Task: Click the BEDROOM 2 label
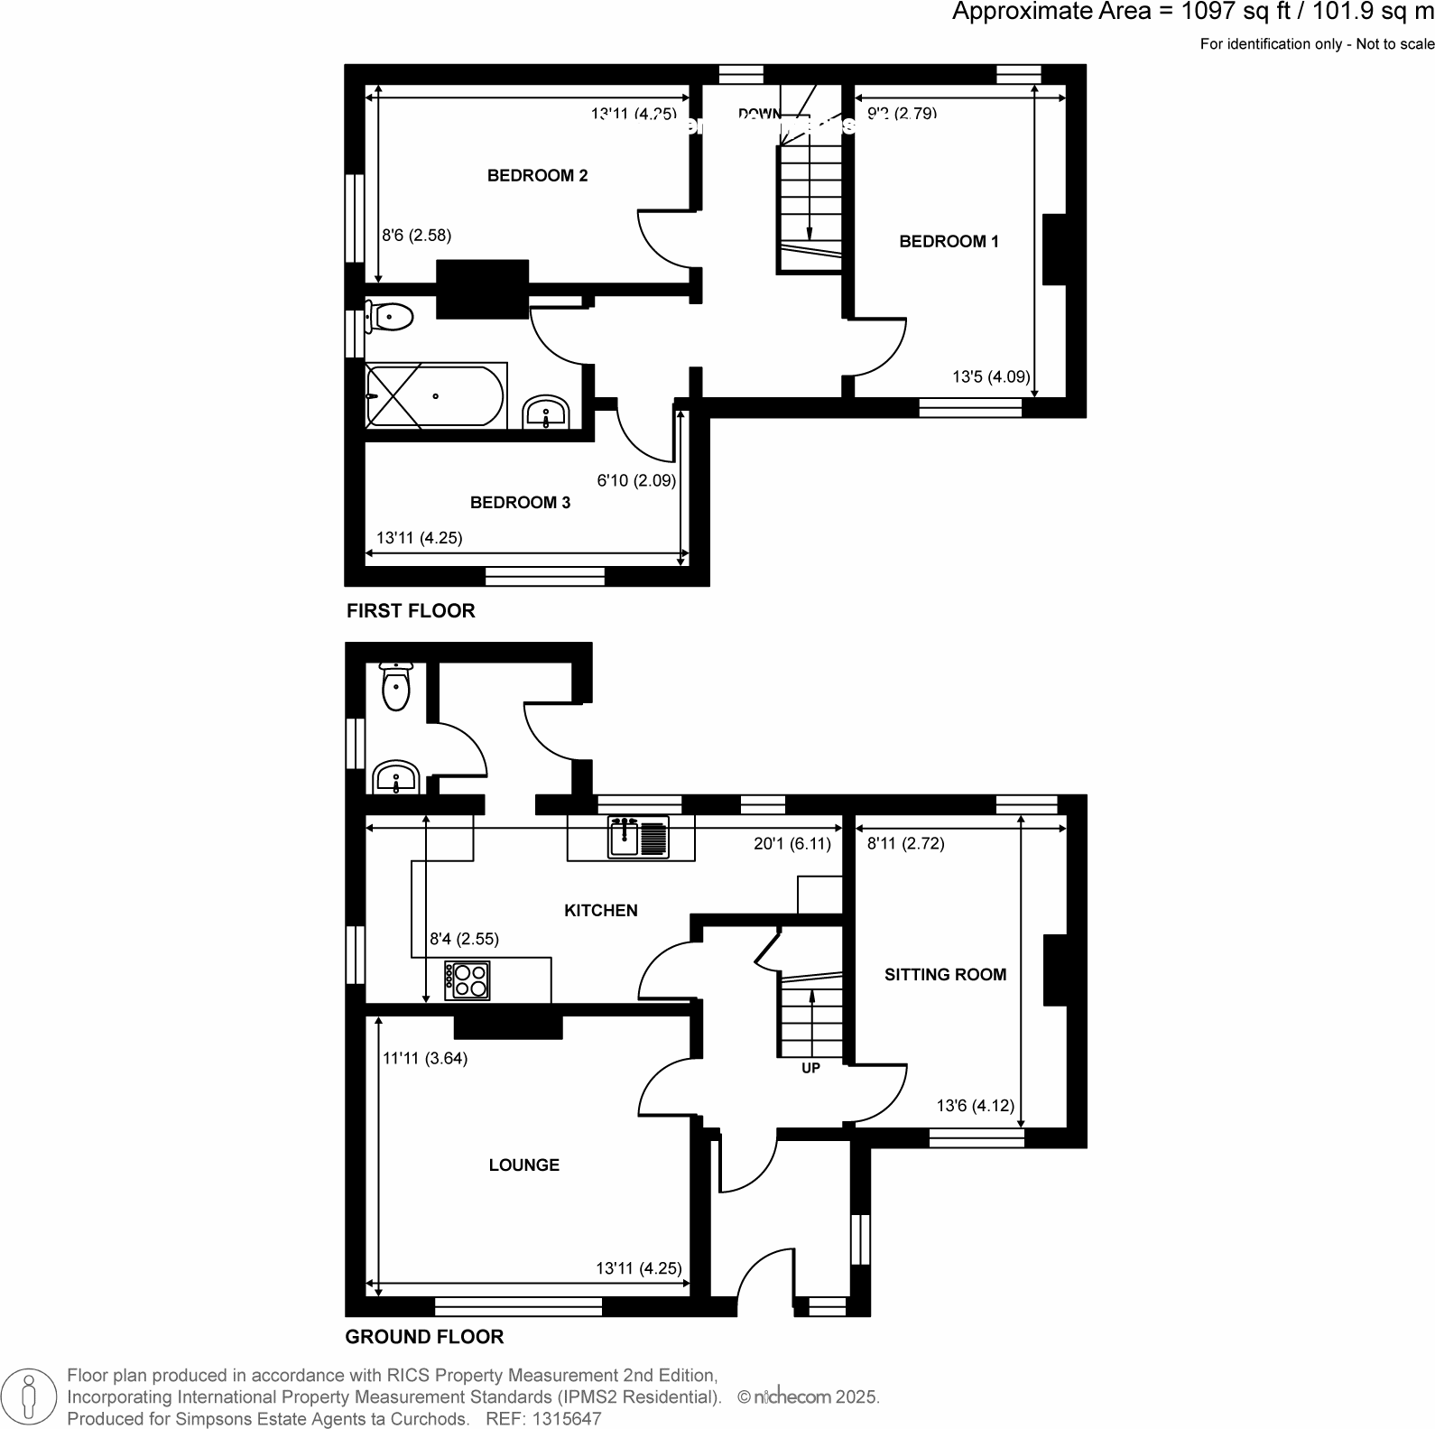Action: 537,175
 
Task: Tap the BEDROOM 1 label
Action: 949,241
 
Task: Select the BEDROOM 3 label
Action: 520,502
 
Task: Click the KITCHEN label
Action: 600,910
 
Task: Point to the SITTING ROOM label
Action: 945,974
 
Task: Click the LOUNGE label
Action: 523,1165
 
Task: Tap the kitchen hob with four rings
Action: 468,980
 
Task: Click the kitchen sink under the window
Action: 638,836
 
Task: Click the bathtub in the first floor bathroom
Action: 435,395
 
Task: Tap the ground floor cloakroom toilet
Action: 395,688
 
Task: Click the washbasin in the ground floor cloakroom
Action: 395,778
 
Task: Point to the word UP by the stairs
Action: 810,1068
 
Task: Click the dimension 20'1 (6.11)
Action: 792,843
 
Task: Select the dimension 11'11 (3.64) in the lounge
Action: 424,1058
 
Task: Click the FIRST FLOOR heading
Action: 411,610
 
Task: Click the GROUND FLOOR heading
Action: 424,1336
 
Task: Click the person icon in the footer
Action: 30,1395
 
